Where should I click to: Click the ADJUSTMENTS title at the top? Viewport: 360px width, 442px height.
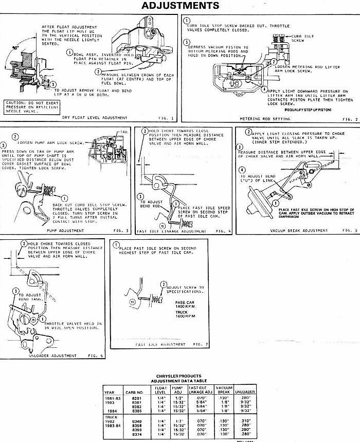(179, 6)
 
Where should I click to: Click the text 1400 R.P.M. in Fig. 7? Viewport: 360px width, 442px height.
(184, 307)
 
